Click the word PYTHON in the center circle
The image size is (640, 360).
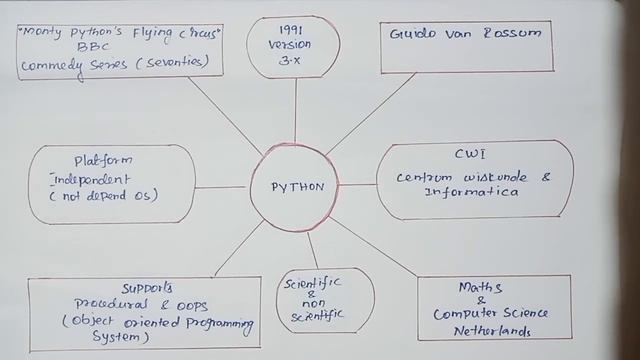point(297,186)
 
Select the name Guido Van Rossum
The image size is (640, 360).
point(464,33)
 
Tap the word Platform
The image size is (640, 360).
point(104,160)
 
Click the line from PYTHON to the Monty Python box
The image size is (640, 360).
point(225,114)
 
